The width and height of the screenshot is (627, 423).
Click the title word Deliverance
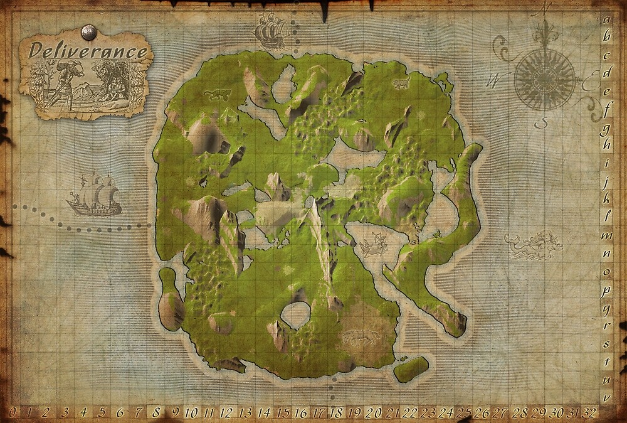[88, 51]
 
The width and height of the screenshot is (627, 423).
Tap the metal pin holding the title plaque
[89, 31]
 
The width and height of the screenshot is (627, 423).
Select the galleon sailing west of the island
[94, 195]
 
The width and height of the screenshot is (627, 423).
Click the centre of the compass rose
[544, 78]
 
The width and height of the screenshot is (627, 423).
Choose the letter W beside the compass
[493, 80]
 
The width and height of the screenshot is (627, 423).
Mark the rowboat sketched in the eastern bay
[373, 245]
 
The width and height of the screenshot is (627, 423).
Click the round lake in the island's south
[296, 314]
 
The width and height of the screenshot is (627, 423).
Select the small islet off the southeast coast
[411, 369]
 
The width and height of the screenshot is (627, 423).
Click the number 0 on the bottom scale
[12, 412]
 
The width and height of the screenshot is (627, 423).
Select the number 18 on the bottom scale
[337, 412]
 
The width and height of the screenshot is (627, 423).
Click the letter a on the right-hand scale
[606, 19]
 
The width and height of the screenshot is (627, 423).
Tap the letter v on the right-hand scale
[606, 397]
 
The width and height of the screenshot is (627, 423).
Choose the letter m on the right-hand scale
[606, 235]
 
